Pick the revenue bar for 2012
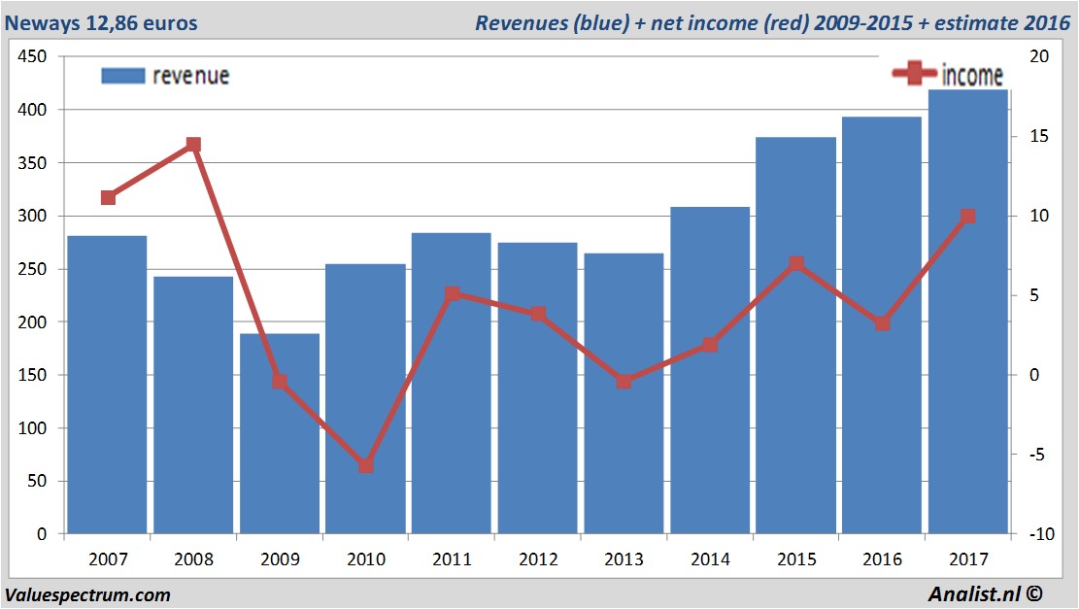coord(537,389)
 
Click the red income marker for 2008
coord(193,145)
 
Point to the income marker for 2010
coord(365,466)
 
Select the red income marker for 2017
coord(967,217)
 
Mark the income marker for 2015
coord(795,264)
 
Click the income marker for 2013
coord(624,382)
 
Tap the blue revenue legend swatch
coord(122,76)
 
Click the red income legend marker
coord(914,74)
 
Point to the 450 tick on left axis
coord(33,57)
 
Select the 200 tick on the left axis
coord(33,321)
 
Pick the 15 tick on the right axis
coord(1037,137)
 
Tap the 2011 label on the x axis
coord(452,559)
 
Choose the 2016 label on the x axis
coord(882,559)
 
